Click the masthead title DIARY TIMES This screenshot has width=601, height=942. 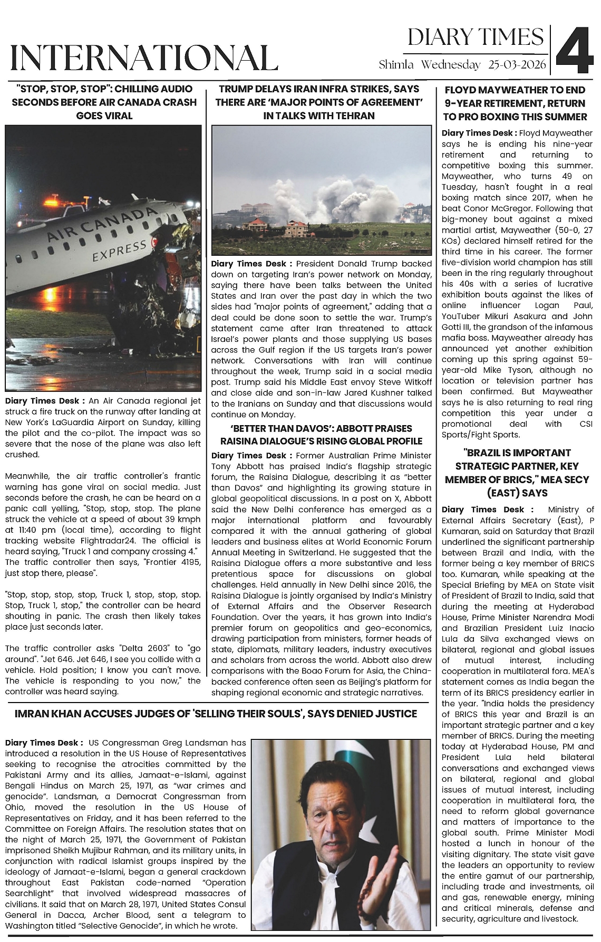[476, 37]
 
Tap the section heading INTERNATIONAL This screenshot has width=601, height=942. [144, 57]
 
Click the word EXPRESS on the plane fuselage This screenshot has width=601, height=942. [119, 251]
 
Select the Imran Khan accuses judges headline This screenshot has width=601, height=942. [216, 714]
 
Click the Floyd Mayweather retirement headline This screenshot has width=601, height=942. [515, 103]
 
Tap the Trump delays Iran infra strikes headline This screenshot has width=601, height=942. [319, 102]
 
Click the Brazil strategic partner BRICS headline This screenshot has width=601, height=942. [515, 473]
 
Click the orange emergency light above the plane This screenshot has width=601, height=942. [54, 202]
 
